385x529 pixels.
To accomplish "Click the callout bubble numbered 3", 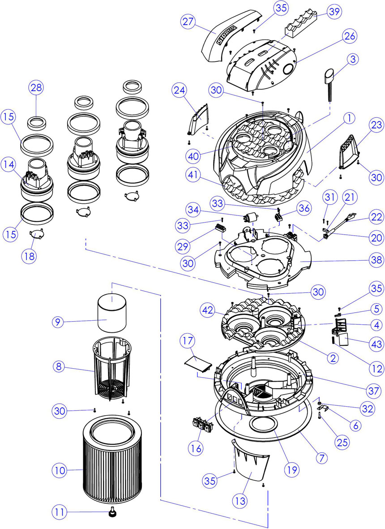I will (354, 58).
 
